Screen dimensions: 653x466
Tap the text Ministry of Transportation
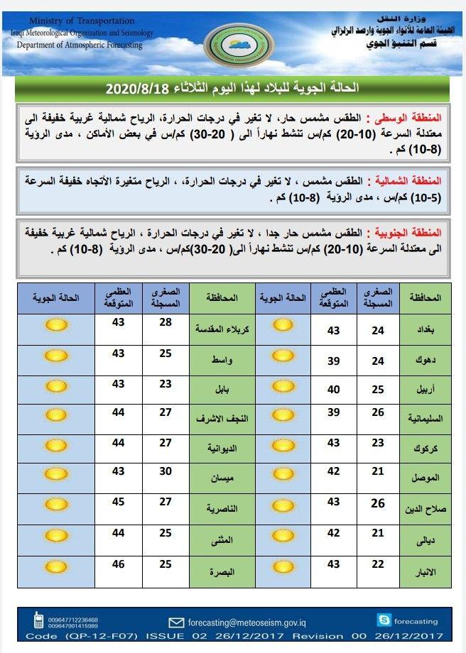(x=73, y=21)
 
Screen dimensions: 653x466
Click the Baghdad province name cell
(x=426, y=329)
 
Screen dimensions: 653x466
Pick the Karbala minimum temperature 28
(x=165, y=324)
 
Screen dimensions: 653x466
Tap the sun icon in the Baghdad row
(x=283, y=326)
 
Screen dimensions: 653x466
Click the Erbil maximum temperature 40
(x=333, y=389)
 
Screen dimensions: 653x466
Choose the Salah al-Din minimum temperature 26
(x=377, y=503)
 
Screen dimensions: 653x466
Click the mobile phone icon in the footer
(x=38, y=622)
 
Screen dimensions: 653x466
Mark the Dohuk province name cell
(x=426, y=360)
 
